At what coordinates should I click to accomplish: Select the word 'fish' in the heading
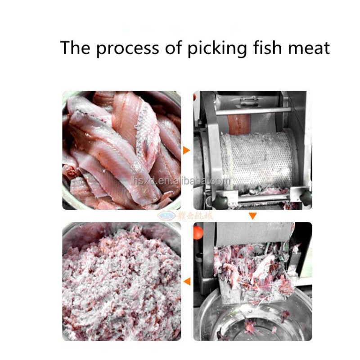click(267, 47)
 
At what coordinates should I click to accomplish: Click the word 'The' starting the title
click(75, 47)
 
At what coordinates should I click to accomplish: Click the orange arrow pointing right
click(186, 150)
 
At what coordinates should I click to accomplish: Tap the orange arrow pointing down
click(253, 216)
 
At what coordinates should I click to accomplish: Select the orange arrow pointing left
click(187, 282)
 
